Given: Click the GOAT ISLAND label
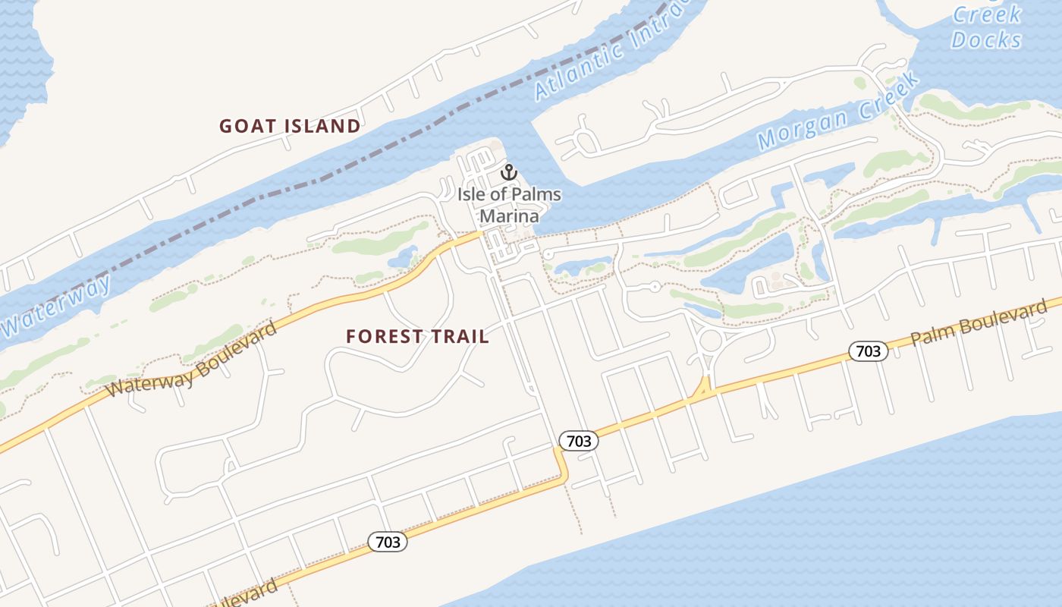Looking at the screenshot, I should [x=290, y=126].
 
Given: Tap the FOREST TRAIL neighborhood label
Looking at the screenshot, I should [x=417, y=336].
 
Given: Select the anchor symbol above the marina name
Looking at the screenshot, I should [x=508, y=173].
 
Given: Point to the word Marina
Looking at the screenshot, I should [x=509, y=216].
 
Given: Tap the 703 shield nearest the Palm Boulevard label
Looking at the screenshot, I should [x=868, y=351].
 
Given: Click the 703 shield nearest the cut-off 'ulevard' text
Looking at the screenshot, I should [x=388, y=542].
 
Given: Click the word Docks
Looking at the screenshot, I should [x=987, y=39].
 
